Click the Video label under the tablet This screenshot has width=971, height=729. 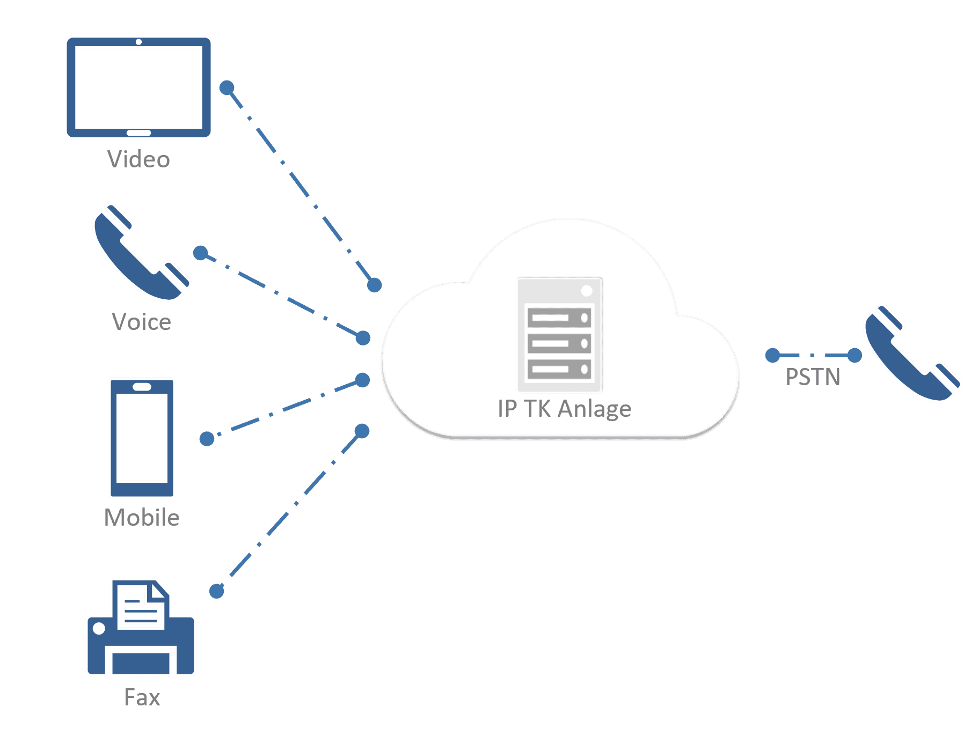pyautogui.click(x=138, y=159)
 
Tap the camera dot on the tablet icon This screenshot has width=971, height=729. pyautogui.click(x=138, y=42)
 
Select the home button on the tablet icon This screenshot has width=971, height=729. pyautogui.click(x=138, y=132)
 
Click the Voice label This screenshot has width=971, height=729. pyautogui.click(x=141, y=322)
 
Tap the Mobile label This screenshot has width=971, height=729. pyautogui.click(x=142, y=518)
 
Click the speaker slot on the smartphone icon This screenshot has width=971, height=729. pyautogui.click(x=142, y=387)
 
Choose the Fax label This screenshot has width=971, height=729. pyautogui.click(x=142, y=697)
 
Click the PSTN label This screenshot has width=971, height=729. pyautogui.click(x=813, y=377)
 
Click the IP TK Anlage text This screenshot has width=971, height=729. pyautogui.click(x=564, y=409)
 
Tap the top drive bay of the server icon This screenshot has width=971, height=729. pyautogui.click(x=559, y=318)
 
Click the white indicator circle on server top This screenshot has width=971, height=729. pyautogui.click(x=587, y=291)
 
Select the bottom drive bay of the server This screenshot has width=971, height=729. pyautogui.click(x=559, y=369)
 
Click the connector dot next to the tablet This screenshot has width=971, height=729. pyautogui.click(x=227, y=87)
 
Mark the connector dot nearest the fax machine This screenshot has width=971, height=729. pyautogui.click(x=216, y=591)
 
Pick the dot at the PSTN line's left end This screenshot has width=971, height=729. pyautogui.click(x=772, y=355)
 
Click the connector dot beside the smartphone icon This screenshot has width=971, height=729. pyautogui.click(x=207, y=439)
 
